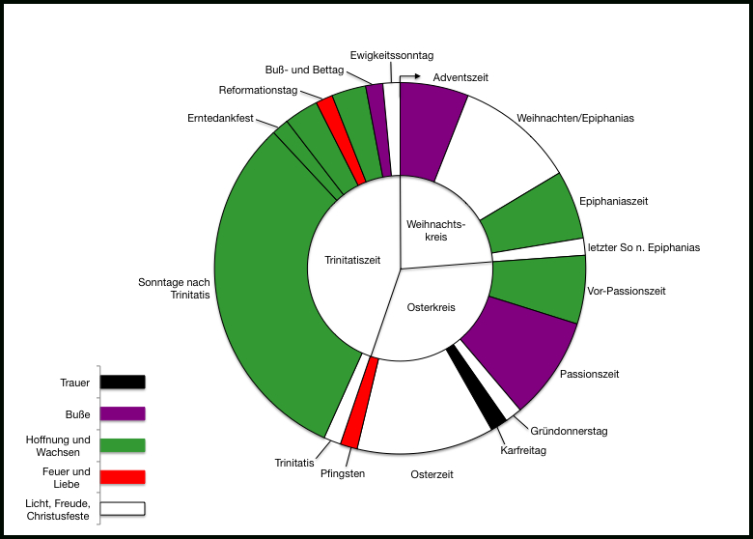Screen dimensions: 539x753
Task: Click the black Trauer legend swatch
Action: point(123,383)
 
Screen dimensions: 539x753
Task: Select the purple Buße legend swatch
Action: point(123,414)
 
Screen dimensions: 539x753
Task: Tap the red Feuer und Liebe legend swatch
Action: point(123,477)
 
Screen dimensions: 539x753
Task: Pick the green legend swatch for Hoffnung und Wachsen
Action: point(123,445)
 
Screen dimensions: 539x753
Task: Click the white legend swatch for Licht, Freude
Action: point(123,508)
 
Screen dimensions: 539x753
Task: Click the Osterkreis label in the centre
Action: point(431,308)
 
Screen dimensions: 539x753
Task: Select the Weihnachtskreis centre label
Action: point(436,231)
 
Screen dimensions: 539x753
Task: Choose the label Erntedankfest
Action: point(220,119)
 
